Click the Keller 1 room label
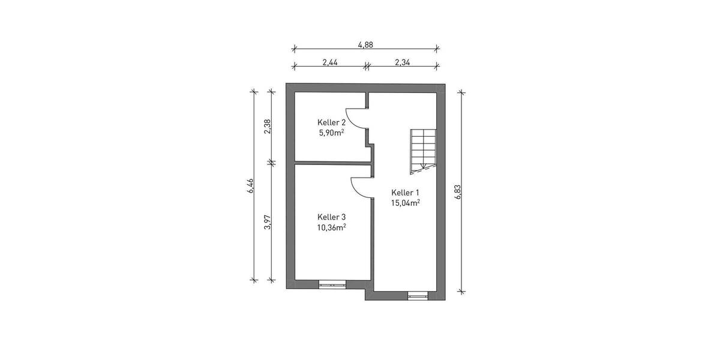pyautogui.click(x=405, y=193)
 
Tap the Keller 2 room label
pyautogui.click(x=331, y=122)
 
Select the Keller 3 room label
pyautogui.click(x=331, y=217)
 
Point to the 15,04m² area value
pyautogui.click(x=405, y=203)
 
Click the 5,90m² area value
pyautogui.click(x=331, y=133)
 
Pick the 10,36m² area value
pyautogui.click(x=331, y=227)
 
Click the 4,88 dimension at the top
pyautogui.click(x=365, y=44)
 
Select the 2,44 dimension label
pyautogui.click(x=329, y=62)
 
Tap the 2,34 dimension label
pyautogui.click(x=402, y=62)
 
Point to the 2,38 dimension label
pyautogui.click(x=268, y=126)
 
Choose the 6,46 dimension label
pyautogui.click(x=250, y=186)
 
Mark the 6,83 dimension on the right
pyautogui.click(x=458, y=191)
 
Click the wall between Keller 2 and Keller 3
pyautogui.click(x=331, y=162)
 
